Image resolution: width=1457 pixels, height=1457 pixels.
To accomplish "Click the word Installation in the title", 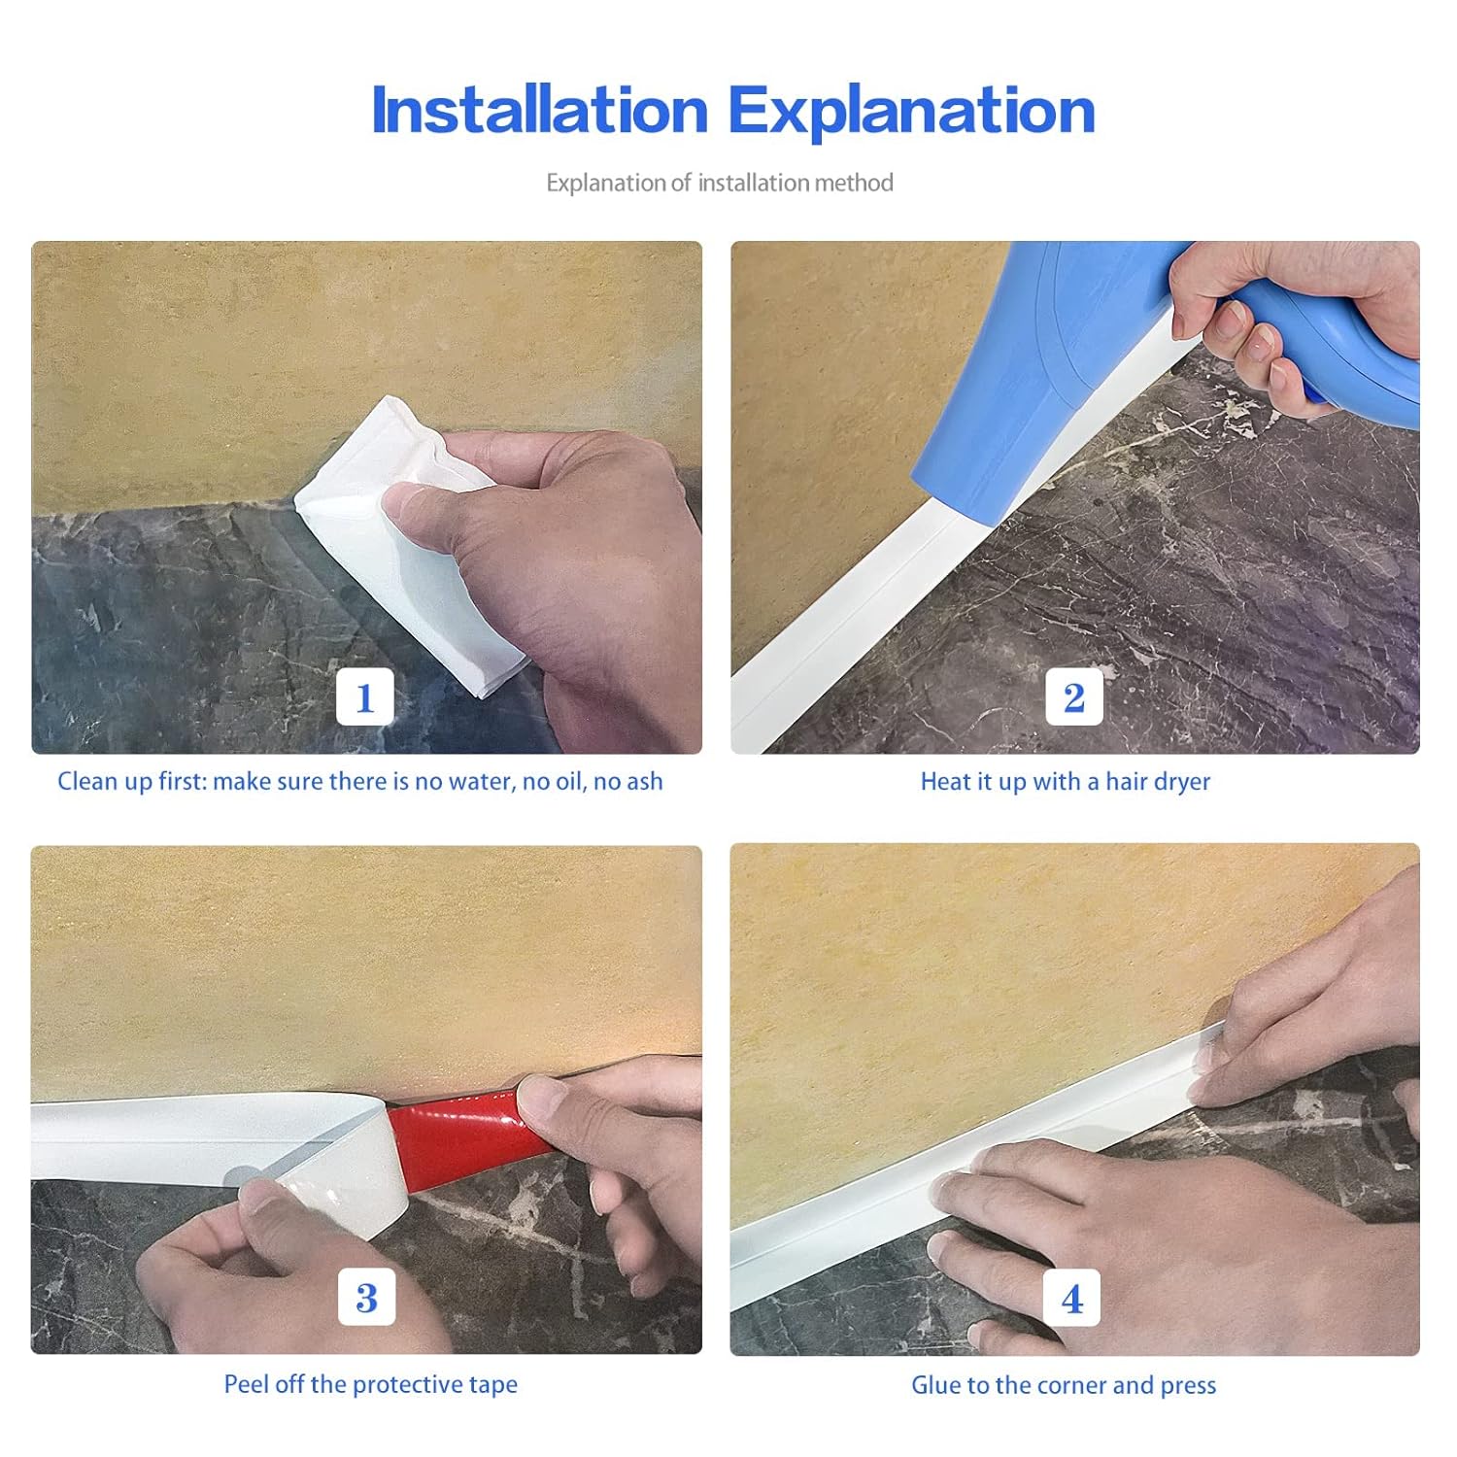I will point(539,110).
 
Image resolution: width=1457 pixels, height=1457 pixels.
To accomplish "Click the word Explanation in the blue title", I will point(911,110).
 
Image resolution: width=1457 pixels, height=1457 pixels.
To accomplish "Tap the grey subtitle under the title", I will point(719,183).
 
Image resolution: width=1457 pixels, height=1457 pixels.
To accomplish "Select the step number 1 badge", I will point(365,696).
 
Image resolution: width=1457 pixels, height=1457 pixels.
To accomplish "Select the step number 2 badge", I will point(1073,696).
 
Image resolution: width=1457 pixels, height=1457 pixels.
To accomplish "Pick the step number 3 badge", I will point(366,1297).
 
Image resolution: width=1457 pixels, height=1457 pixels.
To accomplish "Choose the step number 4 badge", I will point(1071,1298).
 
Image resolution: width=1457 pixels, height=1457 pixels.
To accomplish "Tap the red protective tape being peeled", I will point(457,1132).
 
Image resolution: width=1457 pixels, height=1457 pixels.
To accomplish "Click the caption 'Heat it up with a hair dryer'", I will point(1065,782).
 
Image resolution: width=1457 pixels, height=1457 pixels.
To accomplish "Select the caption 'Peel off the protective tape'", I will point(370,1384).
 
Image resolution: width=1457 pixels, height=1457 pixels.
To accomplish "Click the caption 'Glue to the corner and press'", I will point(1063,1385).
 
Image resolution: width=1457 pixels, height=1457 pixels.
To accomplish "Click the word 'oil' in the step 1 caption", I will point(569,782).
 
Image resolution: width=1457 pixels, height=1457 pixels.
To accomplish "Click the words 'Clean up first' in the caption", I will point(131,782).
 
